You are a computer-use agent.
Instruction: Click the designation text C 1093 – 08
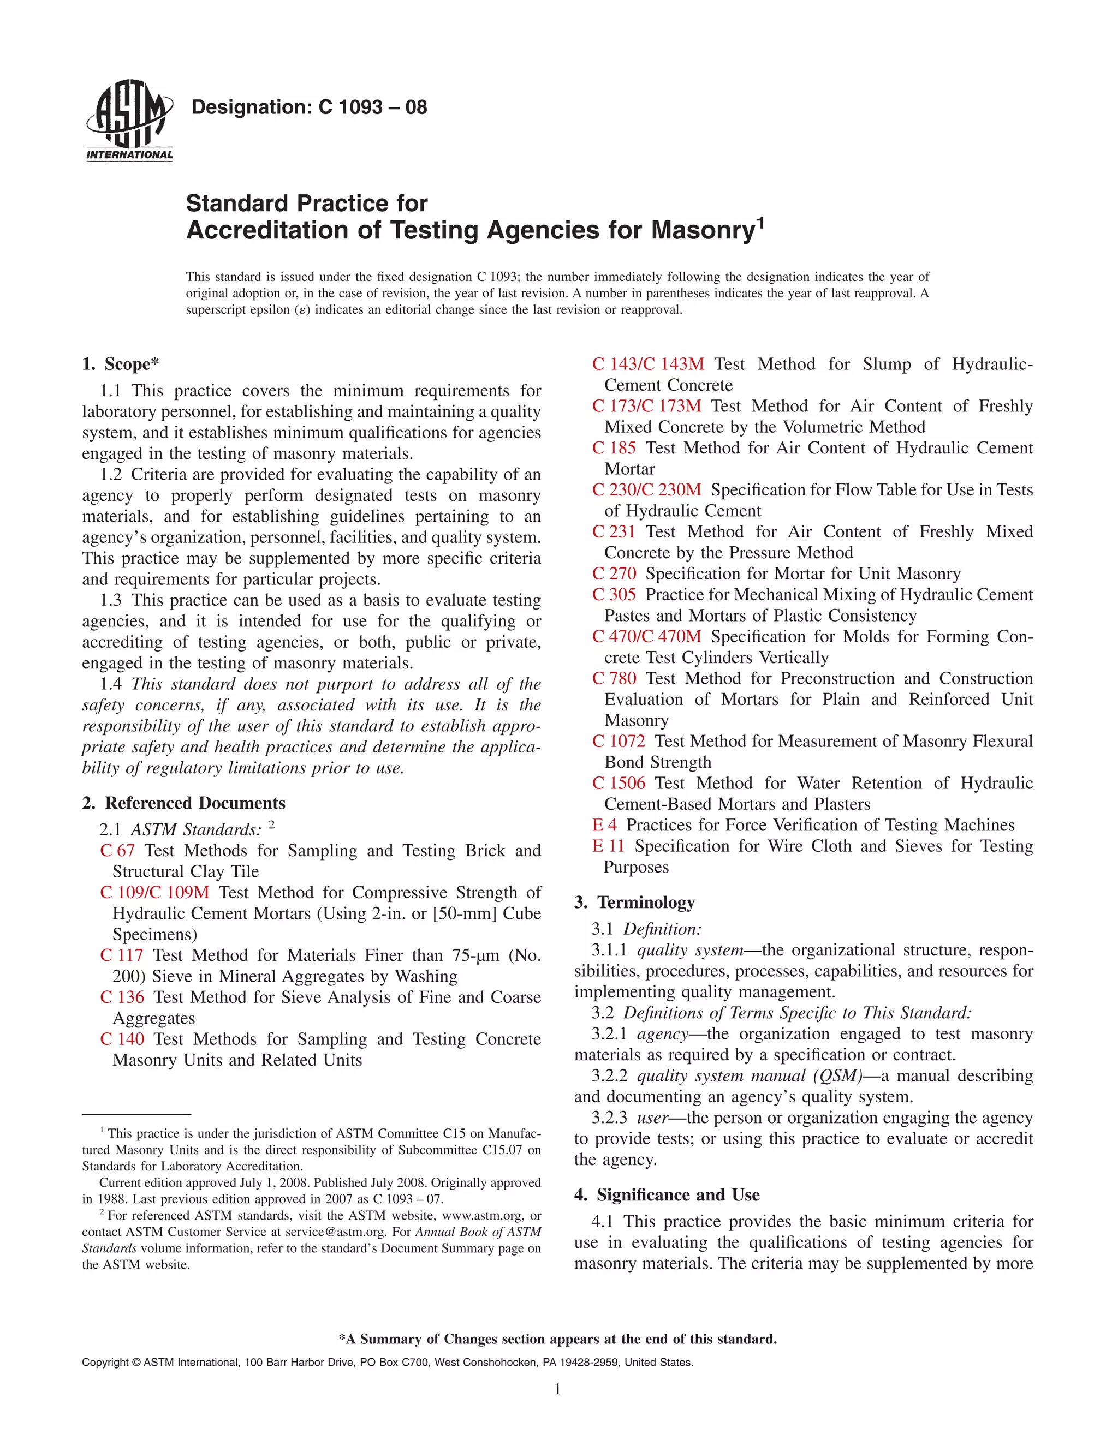(308, 107)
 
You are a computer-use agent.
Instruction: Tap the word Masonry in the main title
(703, 230)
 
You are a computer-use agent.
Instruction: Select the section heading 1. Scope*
(121, 364)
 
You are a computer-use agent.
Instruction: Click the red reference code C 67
(117, 851)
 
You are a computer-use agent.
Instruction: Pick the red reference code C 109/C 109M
(154, 893)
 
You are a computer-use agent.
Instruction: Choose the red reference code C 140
(122, 1039)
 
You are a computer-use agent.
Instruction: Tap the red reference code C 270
(614, 573)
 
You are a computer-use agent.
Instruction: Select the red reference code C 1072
(619, 741)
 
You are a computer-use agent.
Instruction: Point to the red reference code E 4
(604, 825)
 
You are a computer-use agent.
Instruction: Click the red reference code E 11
(608, 846)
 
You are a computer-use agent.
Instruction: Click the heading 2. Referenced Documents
(183, 803)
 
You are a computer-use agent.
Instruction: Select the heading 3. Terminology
(634, 903)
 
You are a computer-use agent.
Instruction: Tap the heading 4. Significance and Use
(667, 1194)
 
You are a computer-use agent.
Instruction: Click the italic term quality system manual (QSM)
(749, 1076)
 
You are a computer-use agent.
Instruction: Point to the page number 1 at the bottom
(558, 1389)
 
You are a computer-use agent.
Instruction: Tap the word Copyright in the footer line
(105, 1363)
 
